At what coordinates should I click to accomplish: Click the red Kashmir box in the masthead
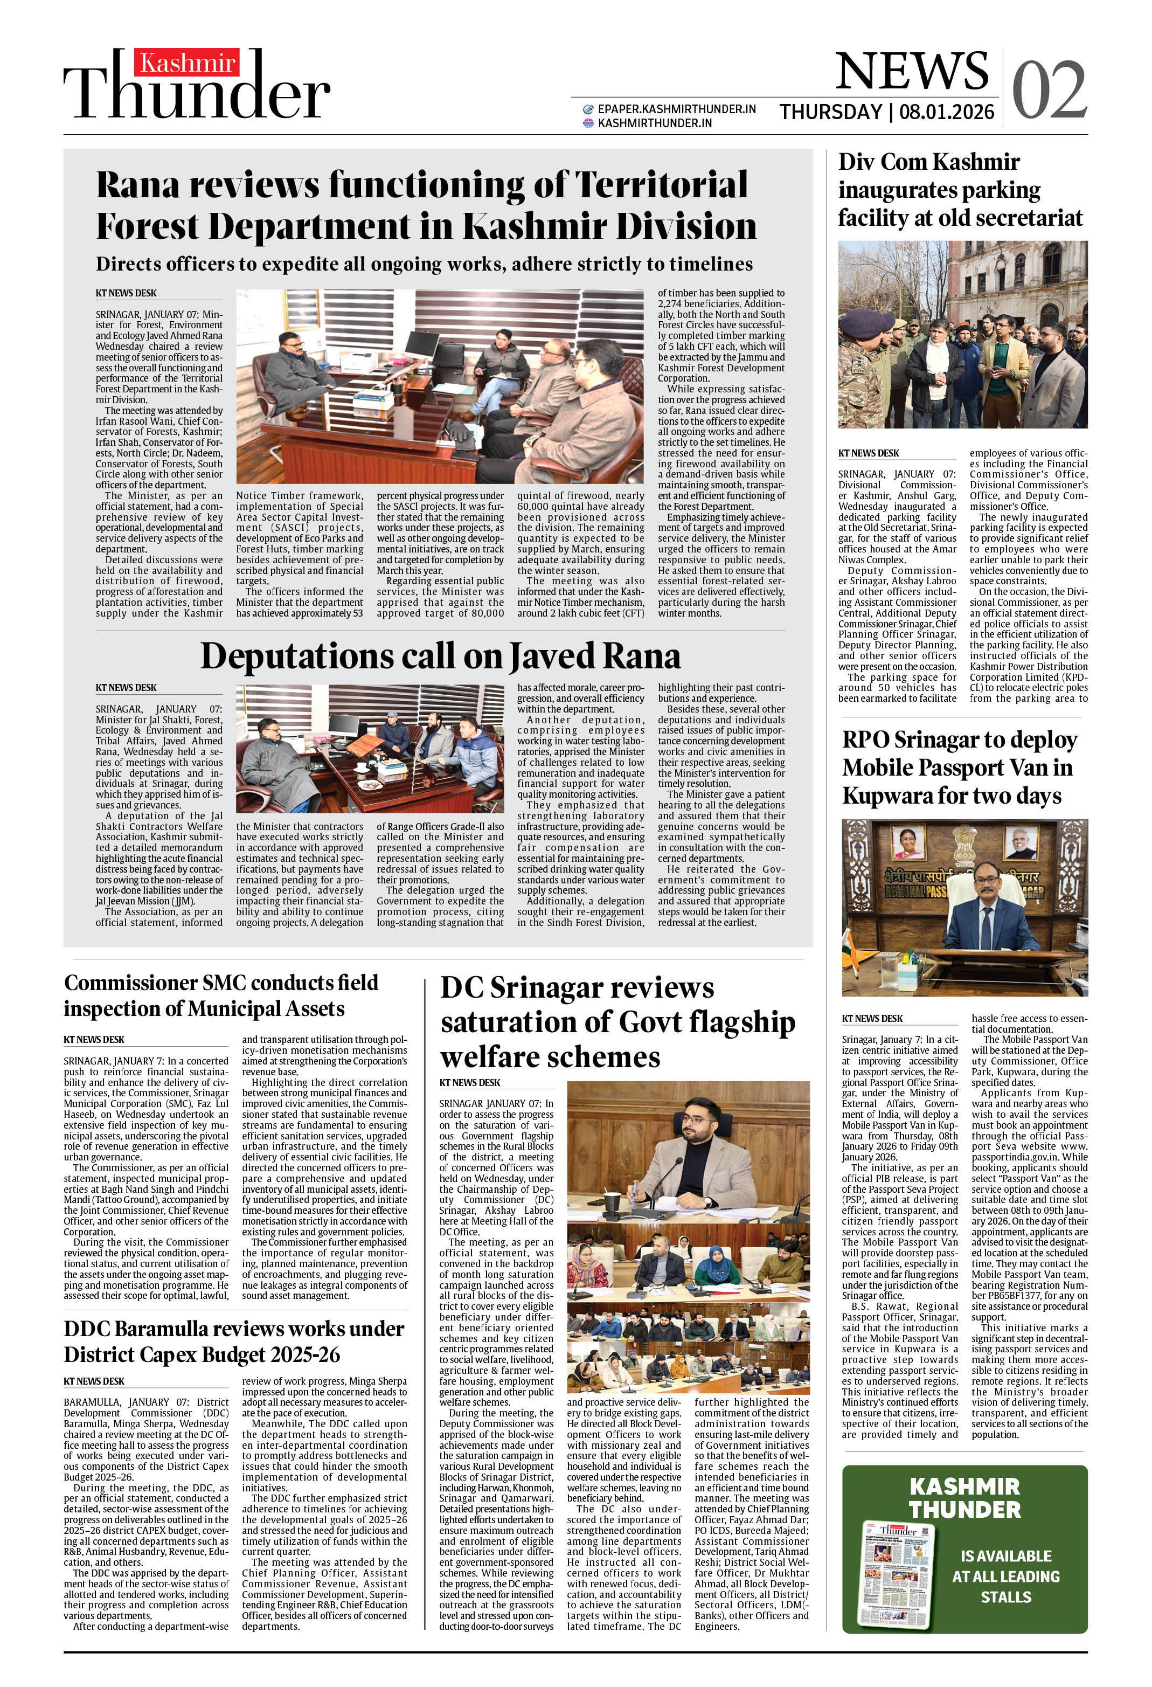pyautogui.click(x=186, y=64)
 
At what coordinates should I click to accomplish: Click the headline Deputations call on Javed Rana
pyautogui.click(x=440, y=656)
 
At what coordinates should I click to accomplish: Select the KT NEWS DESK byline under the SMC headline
pyautogui.click(x=94, y=1040)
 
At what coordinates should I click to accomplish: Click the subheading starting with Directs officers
pyautogui.click(x=424, y=264)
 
